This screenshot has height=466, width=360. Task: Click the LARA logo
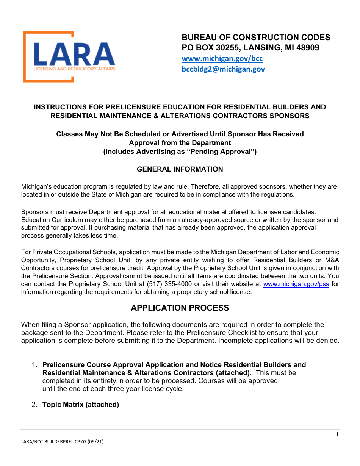tap(69, 57)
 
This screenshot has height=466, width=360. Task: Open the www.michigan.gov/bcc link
tap(222, 59)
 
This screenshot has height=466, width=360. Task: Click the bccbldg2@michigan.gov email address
tap(223, 69)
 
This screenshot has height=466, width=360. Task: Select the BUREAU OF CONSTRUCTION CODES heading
tap(256, 37)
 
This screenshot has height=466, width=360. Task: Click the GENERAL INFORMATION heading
tap(180, 169)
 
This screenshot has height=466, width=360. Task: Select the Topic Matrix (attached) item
tap(81, 405)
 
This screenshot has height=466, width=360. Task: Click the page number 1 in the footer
tap(337, 435)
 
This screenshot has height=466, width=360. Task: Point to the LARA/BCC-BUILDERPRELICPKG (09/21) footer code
tap(62, 442)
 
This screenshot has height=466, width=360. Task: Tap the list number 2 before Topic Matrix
tap(34, 405)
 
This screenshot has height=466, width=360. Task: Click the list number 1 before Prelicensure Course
tap(34, 365)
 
